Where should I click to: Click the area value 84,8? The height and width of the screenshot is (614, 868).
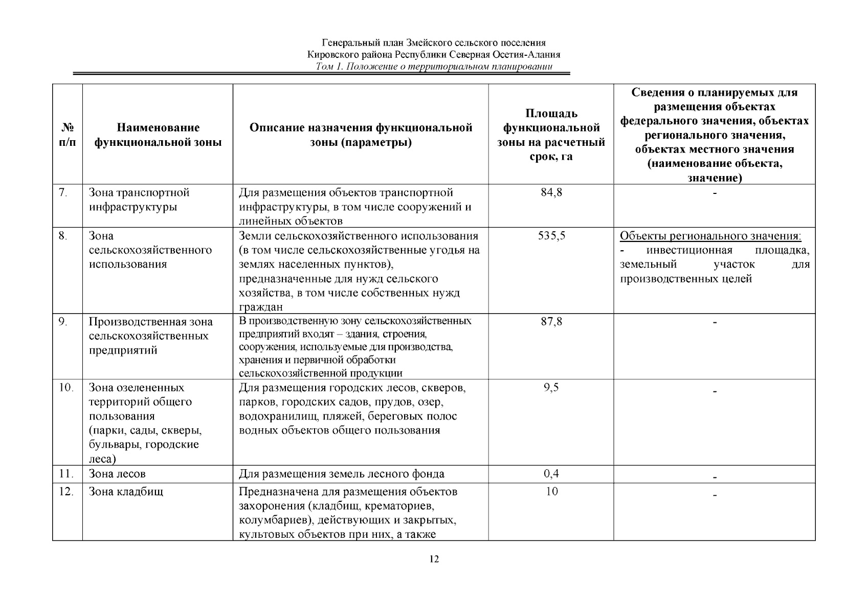coord(551,193)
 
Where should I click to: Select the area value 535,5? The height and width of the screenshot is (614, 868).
coord(551,236)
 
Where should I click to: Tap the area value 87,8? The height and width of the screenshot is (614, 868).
coord(551,322)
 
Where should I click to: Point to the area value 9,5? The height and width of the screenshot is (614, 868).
coord(551,388)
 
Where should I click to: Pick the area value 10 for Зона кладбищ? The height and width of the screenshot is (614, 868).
coord(551,492)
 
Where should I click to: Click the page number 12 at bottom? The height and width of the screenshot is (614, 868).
coord(434,559)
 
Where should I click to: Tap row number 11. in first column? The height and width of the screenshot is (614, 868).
coord(66,474)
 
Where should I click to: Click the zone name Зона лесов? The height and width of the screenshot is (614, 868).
coord(121,474)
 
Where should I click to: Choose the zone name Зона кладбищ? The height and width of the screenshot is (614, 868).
coord(126,492)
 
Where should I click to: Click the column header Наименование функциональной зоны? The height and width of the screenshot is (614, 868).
coord(158,135)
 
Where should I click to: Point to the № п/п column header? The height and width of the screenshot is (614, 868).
coord(67,135)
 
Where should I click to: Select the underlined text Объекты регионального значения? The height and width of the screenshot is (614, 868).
coord(710,236)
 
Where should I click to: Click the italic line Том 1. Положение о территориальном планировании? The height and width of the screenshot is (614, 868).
coord(434,67)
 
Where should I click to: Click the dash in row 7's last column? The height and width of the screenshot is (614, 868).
coord(715,193)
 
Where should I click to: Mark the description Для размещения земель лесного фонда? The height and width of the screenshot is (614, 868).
coord(342,474)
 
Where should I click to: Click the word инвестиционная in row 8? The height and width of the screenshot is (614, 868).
coord(689,251)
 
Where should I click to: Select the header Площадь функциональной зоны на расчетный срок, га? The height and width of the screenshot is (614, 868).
coord(551,135)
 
